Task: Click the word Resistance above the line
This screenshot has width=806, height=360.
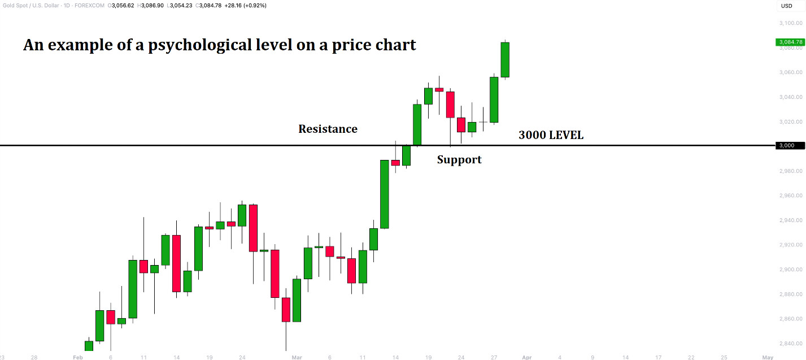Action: click(328, 129)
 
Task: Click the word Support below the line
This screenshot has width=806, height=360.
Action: click(459, 160)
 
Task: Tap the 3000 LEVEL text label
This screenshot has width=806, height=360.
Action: click(551, 136)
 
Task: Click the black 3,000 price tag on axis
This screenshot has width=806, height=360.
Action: click(787, 146)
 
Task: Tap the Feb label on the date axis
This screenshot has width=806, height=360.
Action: click(78, 357)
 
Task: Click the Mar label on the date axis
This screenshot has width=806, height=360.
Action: click(297, 357)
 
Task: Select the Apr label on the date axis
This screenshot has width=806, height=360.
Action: click(526, 357)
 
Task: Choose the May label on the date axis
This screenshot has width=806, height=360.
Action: click(768, 357)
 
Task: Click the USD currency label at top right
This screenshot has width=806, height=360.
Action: click(786, 6)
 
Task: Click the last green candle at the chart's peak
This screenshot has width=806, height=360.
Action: click(505, 59)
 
